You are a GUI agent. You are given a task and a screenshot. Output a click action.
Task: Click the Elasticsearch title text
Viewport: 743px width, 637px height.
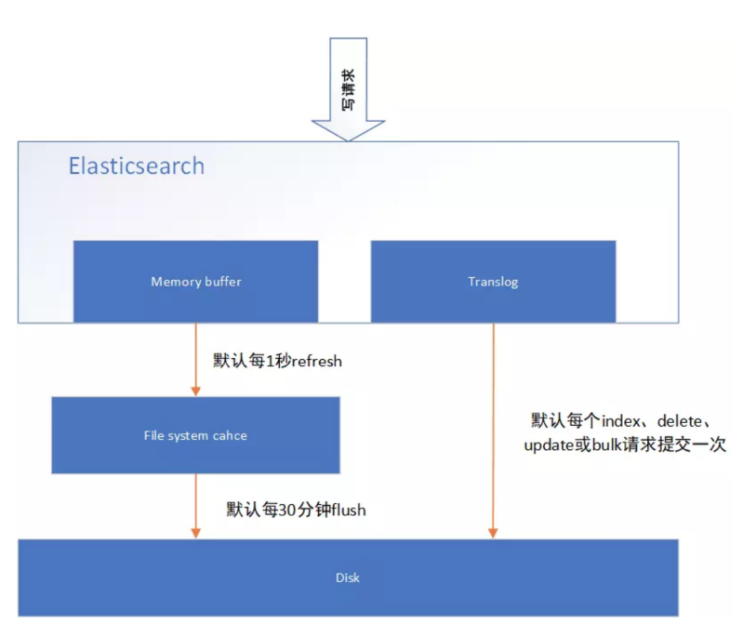[x=136, y=166]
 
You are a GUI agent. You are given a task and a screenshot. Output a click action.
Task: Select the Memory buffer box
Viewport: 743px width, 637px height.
[x=195, y=281]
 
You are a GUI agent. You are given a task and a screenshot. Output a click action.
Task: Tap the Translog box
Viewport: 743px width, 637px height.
[x=493, y=281]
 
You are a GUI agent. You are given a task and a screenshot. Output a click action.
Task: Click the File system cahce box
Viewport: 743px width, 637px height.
[x=195, y=435]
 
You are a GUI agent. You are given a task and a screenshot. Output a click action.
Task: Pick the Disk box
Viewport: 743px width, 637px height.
[x=348, y=577]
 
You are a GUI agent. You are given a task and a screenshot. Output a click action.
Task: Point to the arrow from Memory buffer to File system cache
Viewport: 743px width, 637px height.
[x=195, y=359]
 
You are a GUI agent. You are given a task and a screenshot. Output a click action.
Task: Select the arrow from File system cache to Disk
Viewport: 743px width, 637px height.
[x=195, y=506]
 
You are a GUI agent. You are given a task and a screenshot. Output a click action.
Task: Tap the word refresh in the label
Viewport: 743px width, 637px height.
[x=317, y=361]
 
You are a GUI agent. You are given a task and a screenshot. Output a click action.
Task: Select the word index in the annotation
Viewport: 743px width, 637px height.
[x=620, y=419]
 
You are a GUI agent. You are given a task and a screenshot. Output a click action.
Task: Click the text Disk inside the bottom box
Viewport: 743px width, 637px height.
[x=348, y=577]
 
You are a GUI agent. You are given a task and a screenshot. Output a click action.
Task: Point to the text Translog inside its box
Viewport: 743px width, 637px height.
[x=493, y=281]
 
